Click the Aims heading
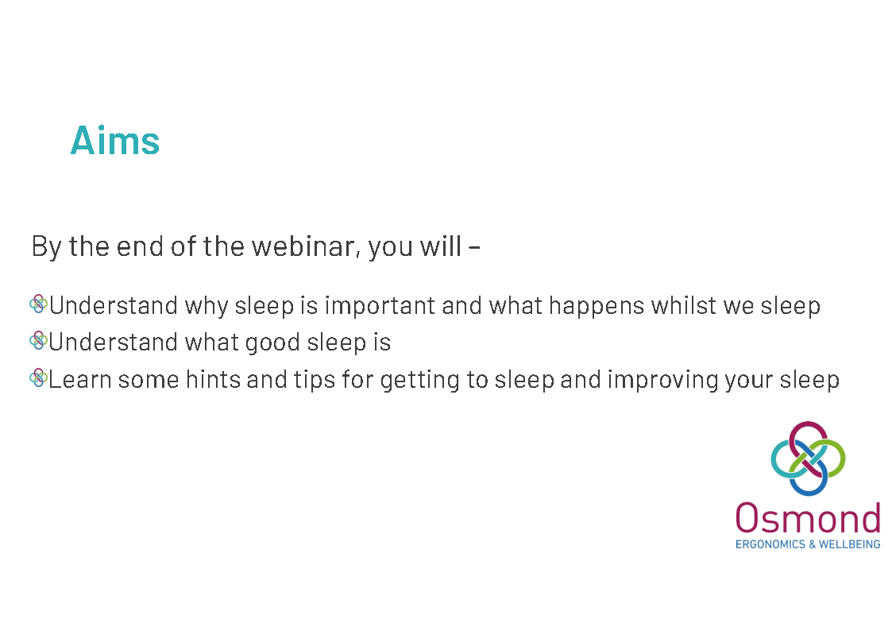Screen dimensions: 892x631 (x=115, y=140)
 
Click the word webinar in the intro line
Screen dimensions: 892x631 (x=306, y=246)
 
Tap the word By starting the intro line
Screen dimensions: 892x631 (x=47, y=247)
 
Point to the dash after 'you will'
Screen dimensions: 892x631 (x=474, y=247)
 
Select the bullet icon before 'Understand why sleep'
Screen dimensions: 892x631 (x=38, y=304)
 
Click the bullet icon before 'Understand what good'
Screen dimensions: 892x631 (x=38, y=341)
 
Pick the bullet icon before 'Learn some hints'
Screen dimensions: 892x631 (x=38, y=377)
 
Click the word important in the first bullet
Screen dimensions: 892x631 (x=380, y=306)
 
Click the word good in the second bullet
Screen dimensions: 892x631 (x=272, y=343)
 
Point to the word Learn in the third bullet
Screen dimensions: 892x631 (x=79, y=380)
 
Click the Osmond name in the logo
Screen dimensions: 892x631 (x=808, y=518)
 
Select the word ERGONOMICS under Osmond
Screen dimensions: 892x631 (x=770, y=544)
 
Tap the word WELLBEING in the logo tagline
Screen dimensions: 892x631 (x=849, y=544)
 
